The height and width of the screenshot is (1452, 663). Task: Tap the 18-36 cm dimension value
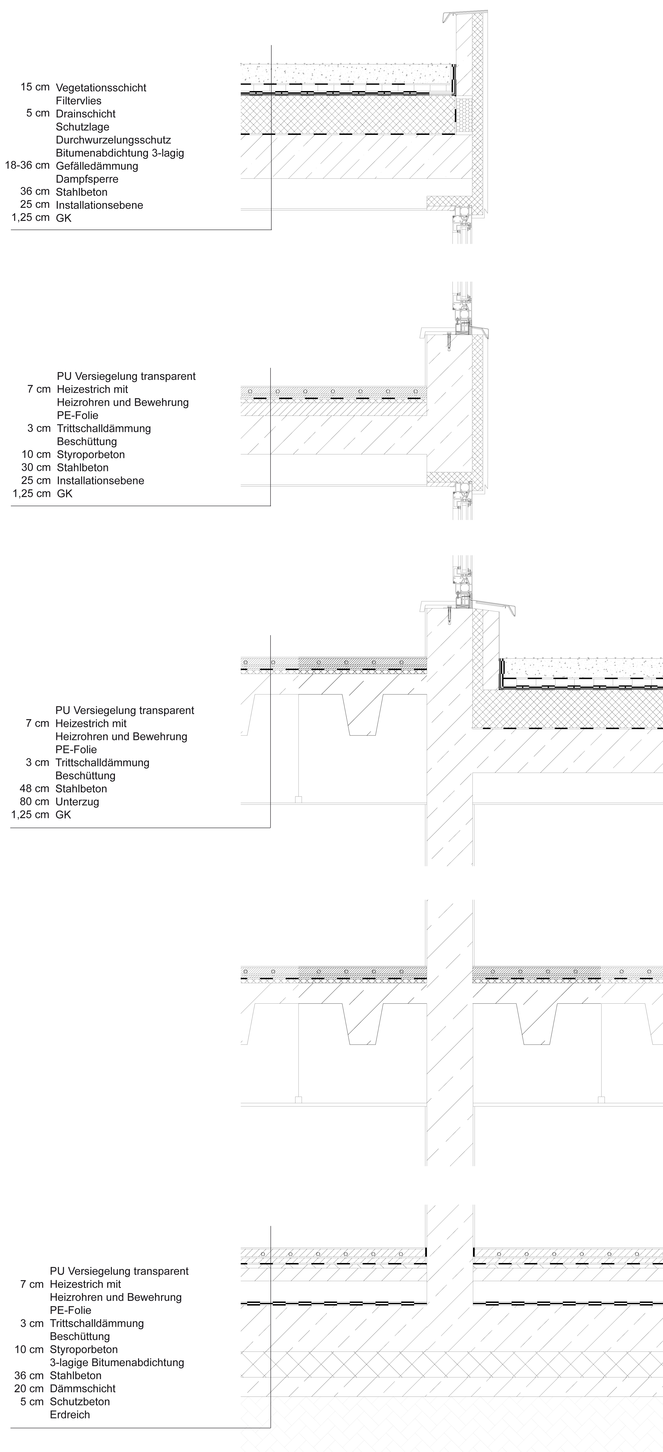pos(27,165)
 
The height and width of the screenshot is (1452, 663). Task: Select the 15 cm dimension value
pos(35,87)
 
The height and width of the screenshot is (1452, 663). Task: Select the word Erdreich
pos(70,1415)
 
